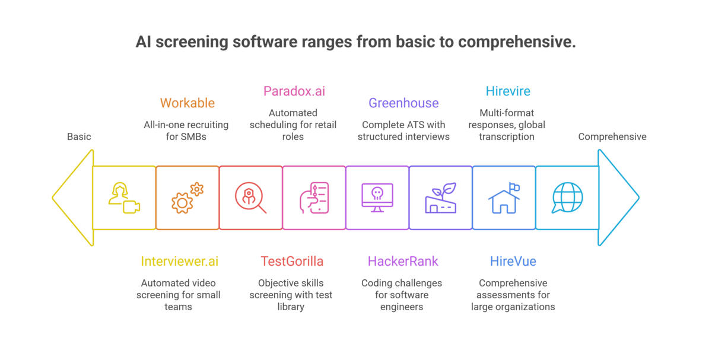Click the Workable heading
187,103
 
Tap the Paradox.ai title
294,91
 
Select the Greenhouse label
403,103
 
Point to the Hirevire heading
508,91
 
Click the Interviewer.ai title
180,261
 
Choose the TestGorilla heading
292,261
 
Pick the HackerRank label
403,261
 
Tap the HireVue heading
513,261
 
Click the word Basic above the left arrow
79,136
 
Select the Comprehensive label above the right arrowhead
612,136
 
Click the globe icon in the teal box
567,197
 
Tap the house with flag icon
504,197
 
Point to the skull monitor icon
377,197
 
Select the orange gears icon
187,197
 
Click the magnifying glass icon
250,197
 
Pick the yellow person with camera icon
124,197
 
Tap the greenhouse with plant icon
440,197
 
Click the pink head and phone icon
314,197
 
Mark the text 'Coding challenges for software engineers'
402,295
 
